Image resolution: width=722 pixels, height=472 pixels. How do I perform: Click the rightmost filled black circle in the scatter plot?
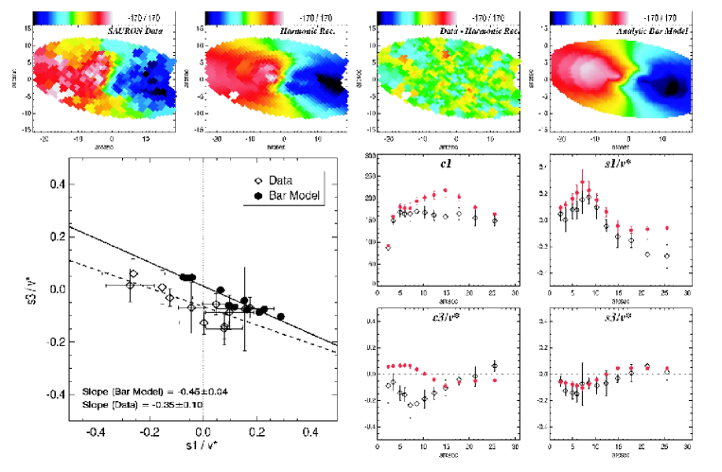[x=280, y=316]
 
